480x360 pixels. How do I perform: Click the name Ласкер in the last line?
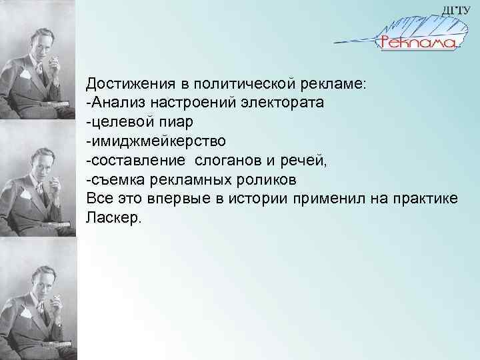pos(112,219)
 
